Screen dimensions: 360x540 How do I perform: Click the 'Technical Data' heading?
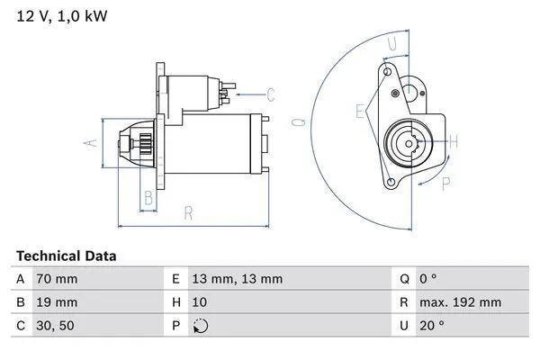66,256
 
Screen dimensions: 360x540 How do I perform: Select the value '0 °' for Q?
431,279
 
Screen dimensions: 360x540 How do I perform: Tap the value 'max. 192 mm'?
460,302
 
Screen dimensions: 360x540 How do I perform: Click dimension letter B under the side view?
148,198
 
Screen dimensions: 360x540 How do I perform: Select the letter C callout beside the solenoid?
270,94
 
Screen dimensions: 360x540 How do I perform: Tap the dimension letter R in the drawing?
189,214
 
